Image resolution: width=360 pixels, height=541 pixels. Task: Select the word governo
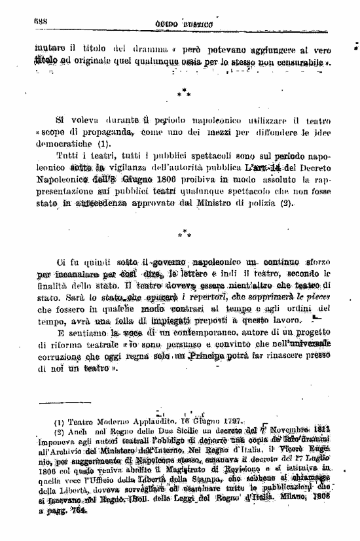tap(158, 262)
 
